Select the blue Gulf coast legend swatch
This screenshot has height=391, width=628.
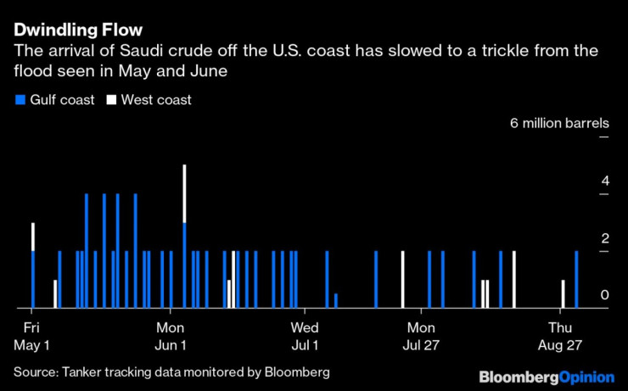[19, 100]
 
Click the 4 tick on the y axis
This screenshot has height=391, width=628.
[580, 181]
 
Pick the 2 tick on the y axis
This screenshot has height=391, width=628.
[580, 238]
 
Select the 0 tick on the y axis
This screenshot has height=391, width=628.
[580, 295]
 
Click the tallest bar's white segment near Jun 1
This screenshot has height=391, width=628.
[184, 193]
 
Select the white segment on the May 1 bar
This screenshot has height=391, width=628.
[33, 237]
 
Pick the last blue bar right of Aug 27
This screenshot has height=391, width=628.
[576, 279]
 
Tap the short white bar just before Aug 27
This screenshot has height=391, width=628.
[563, 293]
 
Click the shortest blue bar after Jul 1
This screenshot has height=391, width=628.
[336, 300]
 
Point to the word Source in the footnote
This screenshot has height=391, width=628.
[33, 372]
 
